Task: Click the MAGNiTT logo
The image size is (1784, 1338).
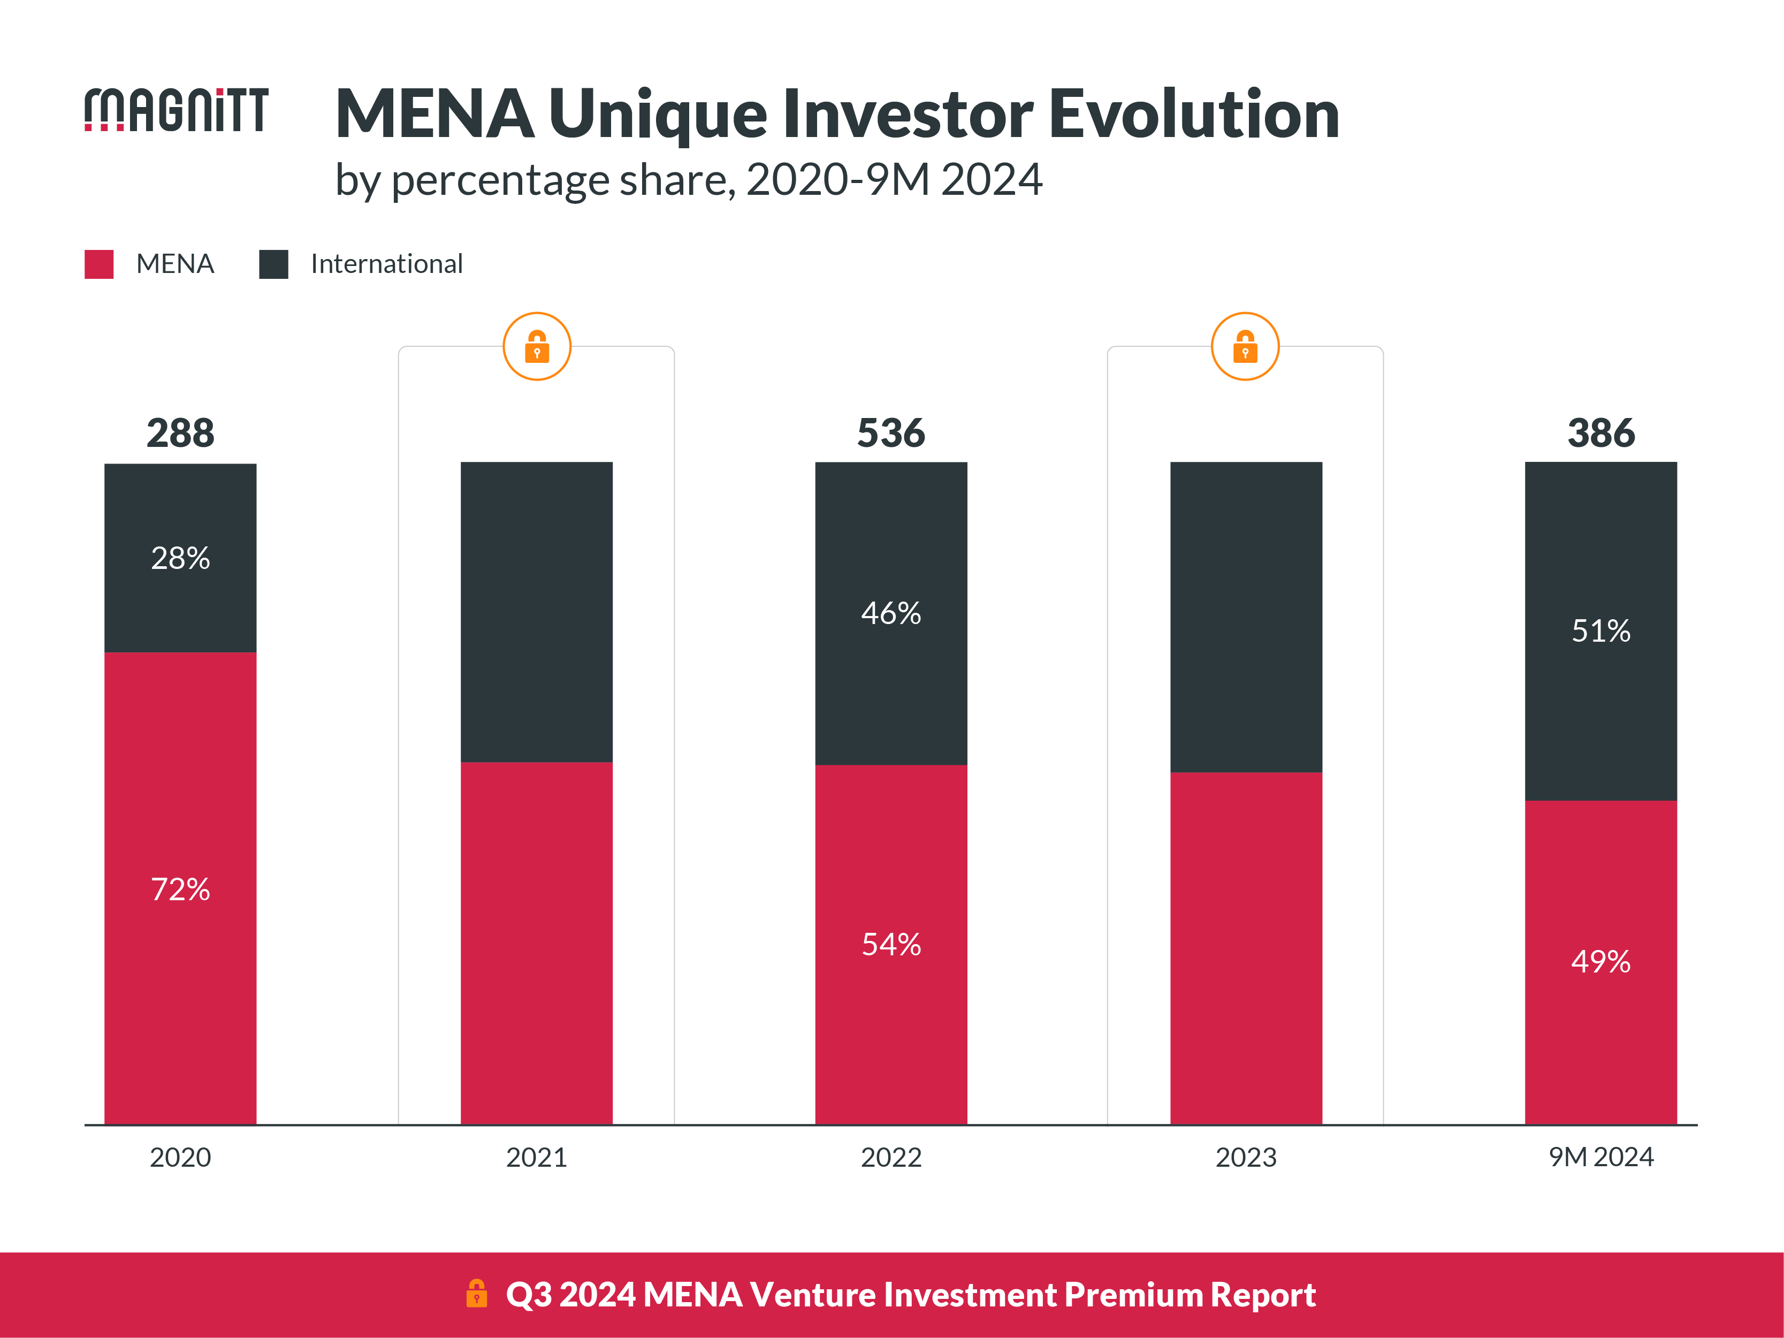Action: point(176,110)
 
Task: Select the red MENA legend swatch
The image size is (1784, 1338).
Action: point(98,264)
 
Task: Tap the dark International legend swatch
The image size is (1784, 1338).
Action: point(273,264)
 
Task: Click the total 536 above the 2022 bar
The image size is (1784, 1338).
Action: point(890,433)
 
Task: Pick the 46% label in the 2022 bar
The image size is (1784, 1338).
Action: point(890,613)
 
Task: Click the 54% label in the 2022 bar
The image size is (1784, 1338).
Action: point(890,945)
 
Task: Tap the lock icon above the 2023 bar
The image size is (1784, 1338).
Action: point(1245,347)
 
